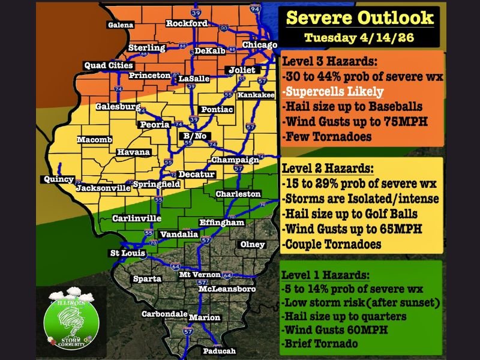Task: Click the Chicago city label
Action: (259, 46)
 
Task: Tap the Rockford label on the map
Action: (187, 24)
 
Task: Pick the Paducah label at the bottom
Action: (220, 351)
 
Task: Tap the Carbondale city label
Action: (164, 314)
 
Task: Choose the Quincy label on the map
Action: (58, 179)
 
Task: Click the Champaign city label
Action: (235, 160)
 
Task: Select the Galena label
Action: (121, 25)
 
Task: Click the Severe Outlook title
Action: (359, 17)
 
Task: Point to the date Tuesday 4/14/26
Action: (359, 37)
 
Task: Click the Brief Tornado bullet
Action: (319, 344)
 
